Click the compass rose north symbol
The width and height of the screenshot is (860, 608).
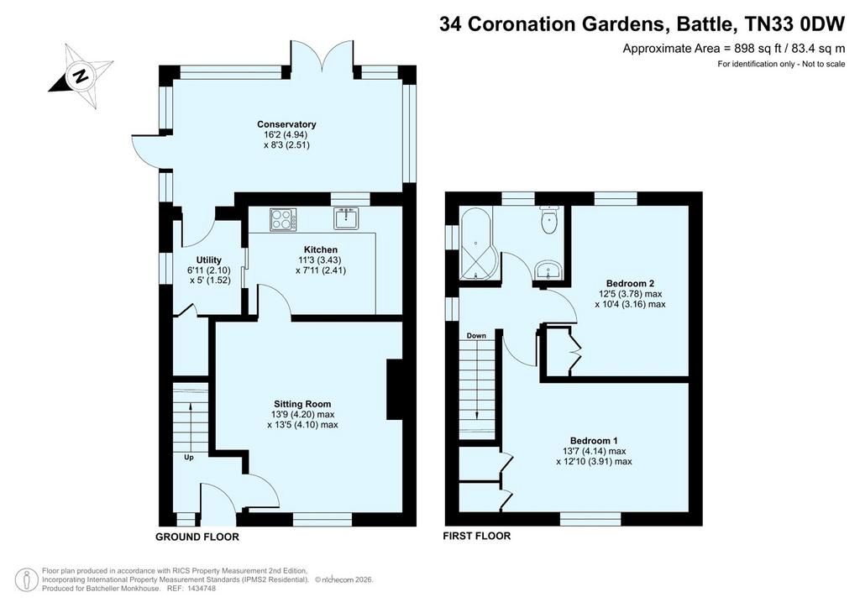pyautogui.click(x=81, y=76)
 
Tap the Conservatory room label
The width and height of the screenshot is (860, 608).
pyautogui.click(x=286, y=124)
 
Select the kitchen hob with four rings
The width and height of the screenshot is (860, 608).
pyautogui.click(x=283, y=219)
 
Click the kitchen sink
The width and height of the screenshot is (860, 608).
pyautogui.click(x=347, y=218)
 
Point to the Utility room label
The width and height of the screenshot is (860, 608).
pyautogui.click(x=209, y=259)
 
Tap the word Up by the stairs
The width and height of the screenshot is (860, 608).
pyautogui.click(x=189, y=457)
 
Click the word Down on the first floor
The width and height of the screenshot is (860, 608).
pyautogui.click(x=476, y=336)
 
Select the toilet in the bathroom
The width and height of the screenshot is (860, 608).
pyautogui.click(x=549, y=219)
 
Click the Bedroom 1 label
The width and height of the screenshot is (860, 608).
pyautogui.click(x=594, y=441)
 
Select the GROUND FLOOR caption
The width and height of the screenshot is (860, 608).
pyautogui.click(x=197, y=537)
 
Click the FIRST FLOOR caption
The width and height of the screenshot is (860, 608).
pyautogui.click(x=477, y=536)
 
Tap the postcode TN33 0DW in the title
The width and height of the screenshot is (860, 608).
pyautogui.click(x=794, y=24)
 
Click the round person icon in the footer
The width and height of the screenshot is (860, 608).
pyautogui.click(x=26, y=580)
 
